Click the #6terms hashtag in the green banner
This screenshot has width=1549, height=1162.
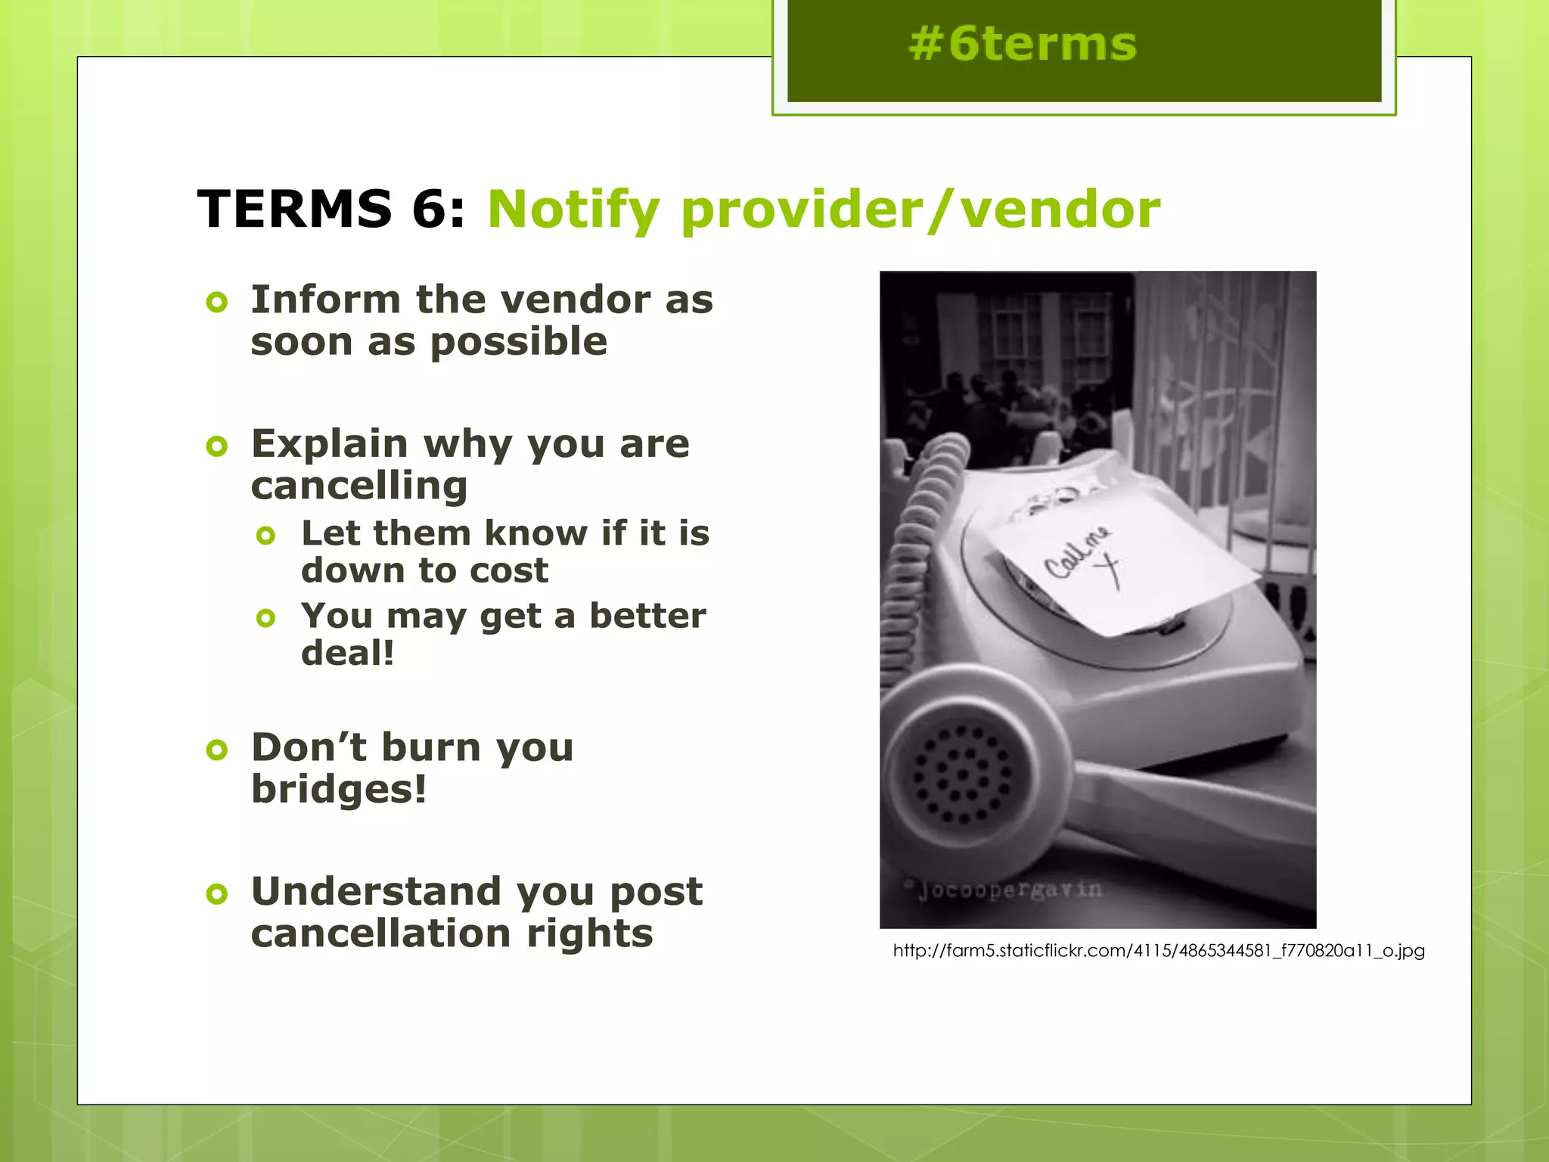coord(1023,44)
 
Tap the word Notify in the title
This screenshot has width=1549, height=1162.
coord(573,210)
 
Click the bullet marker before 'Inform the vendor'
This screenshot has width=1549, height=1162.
coord(217,303)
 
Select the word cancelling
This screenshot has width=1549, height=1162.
coord(359,486)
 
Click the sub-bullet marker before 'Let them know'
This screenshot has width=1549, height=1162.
coord(265,536)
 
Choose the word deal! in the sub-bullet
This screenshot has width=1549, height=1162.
coord(347,653)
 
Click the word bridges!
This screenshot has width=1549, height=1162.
coord(339,789)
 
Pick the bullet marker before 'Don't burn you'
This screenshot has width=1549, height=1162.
coord(217,750)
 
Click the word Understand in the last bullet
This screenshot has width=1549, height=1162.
coord(376,891)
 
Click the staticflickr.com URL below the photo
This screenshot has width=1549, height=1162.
coord(1158,951)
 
